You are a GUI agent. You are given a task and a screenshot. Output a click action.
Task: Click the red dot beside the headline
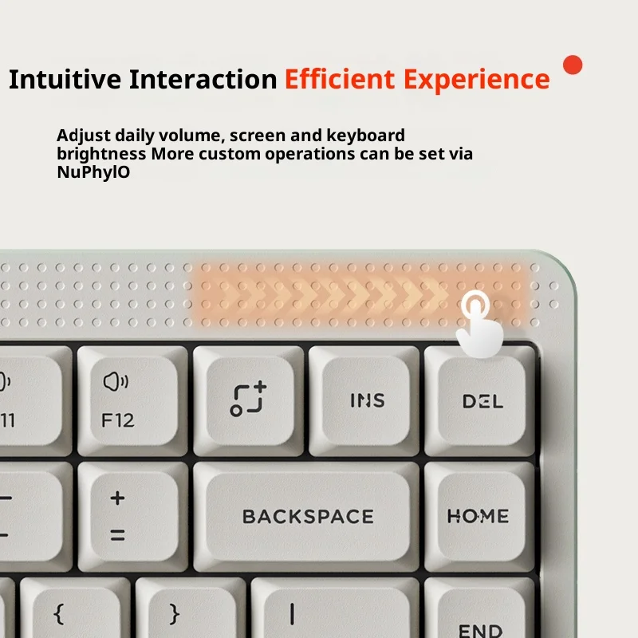click(573, 65)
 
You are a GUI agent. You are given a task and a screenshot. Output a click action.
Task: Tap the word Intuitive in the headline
click(65, 79)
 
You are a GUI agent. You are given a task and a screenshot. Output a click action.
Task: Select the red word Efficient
click(340, 78)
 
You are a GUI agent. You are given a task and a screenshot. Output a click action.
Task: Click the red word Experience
click(476, 81)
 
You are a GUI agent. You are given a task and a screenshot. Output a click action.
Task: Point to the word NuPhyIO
click(93, 172)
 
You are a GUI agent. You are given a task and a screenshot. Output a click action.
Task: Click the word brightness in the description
click(101, 154)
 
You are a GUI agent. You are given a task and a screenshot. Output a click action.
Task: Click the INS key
click(364, 401)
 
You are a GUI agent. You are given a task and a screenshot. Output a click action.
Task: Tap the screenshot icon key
click(248, 401)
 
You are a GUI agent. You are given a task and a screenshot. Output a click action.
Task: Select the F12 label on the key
click(117, 420)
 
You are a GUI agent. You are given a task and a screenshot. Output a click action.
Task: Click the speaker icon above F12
click(116, 382)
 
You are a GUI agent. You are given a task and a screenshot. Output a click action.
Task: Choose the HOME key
click(479, 517)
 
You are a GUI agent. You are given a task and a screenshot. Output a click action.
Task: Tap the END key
click(479, 608)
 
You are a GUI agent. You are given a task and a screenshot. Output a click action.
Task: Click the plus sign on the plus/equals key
click(117, 498)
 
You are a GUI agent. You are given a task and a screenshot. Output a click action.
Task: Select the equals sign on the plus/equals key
click(117, 534)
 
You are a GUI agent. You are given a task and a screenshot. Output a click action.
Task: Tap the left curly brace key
click(75, 608)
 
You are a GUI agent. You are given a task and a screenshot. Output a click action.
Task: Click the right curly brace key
click(191, 608)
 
